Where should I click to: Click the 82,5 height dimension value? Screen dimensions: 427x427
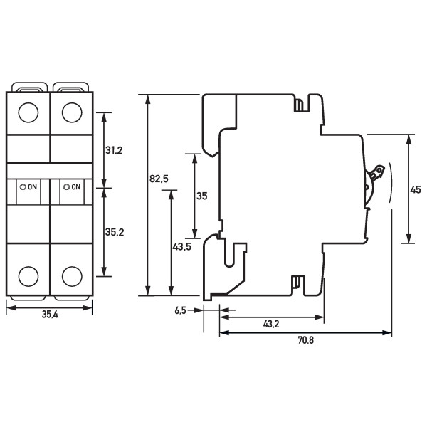click(159, 179)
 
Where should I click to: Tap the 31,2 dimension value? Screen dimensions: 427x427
click(114, 150)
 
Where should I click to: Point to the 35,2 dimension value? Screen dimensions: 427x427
click(114, 231)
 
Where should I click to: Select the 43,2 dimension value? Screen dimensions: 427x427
click(271, 325)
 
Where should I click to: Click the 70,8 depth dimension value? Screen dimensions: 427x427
click(305, 341)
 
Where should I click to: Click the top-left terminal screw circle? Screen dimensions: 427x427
click(28, 112)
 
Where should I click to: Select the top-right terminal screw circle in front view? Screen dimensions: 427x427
click(71, 112)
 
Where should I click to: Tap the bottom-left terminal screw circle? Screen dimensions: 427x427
click(28, 276)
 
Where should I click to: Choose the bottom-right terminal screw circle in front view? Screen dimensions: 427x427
click(71, 276)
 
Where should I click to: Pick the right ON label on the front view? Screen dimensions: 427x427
click(73, 186)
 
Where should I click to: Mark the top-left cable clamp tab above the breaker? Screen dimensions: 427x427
click(28, 88)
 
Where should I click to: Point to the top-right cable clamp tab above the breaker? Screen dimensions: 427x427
click(71, 88)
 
